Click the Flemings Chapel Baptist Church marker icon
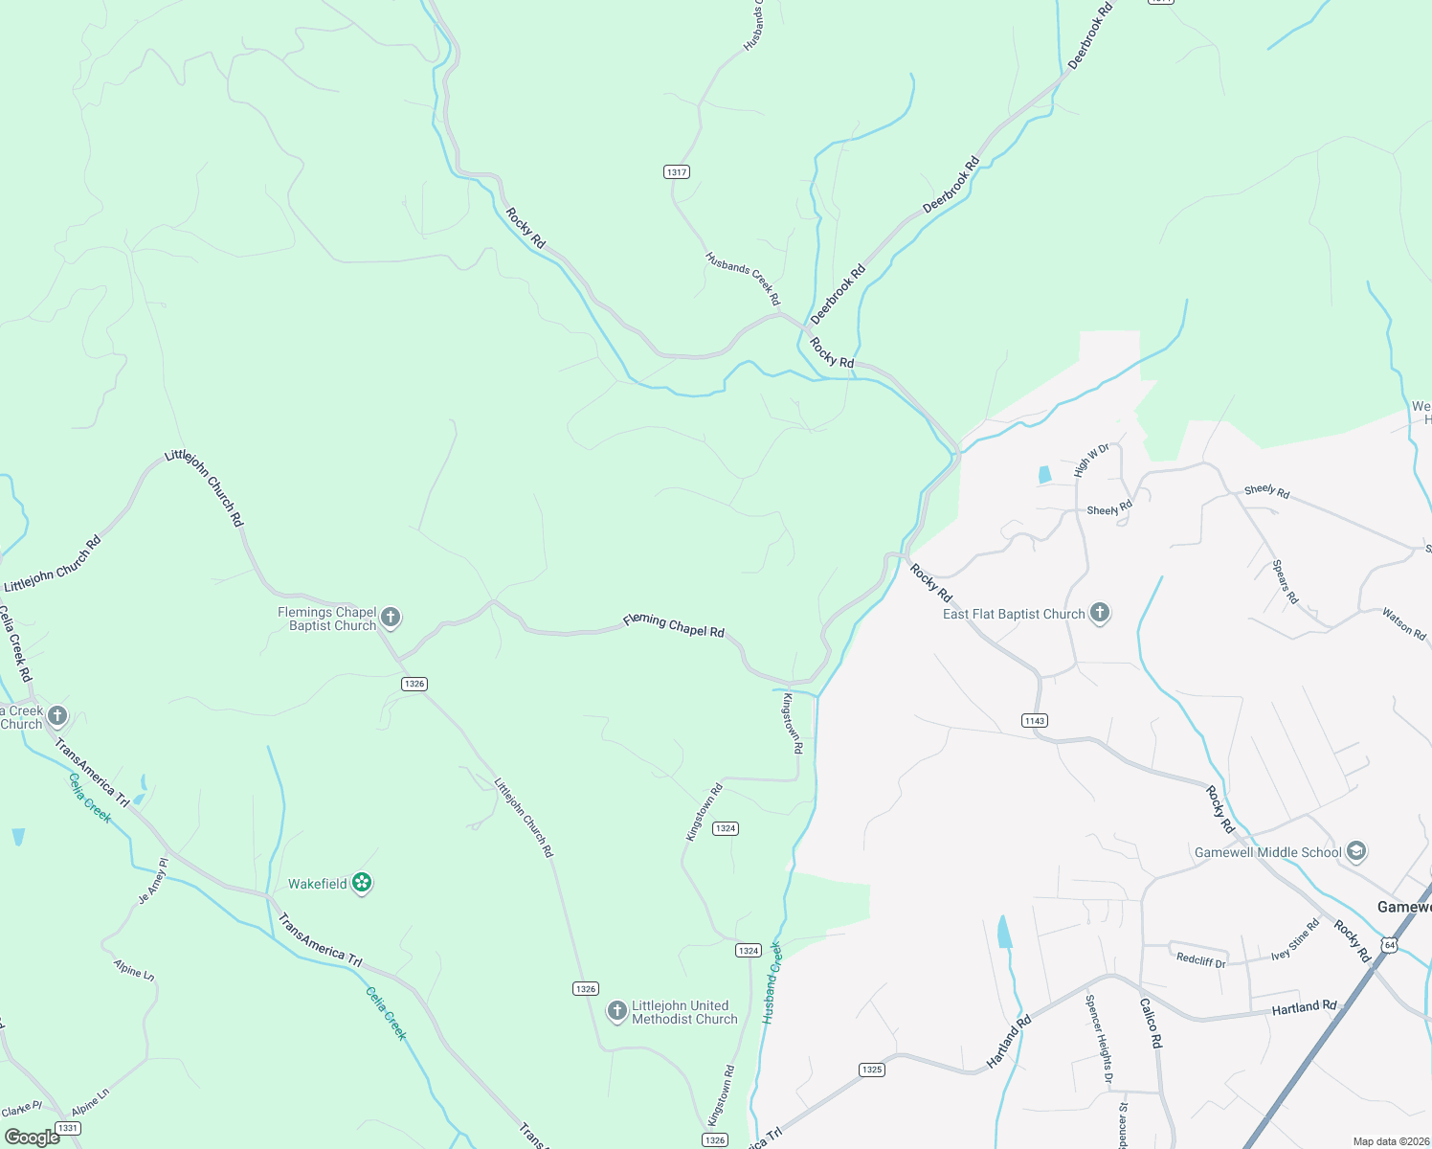391,618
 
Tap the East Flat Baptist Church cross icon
1100,613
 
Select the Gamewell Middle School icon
1355,850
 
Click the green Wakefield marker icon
362,883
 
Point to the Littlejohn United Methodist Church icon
617,1010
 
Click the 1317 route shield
677,172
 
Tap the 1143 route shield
1035,721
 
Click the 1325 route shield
871,1070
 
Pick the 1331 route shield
67,1128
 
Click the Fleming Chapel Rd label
674,625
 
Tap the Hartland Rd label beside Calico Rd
1304,1007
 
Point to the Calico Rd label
1151,1023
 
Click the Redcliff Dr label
1200,960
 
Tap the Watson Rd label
1403,624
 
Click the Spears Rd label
1286,581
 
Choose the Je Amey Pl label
153,881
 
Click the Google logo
32,1138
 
